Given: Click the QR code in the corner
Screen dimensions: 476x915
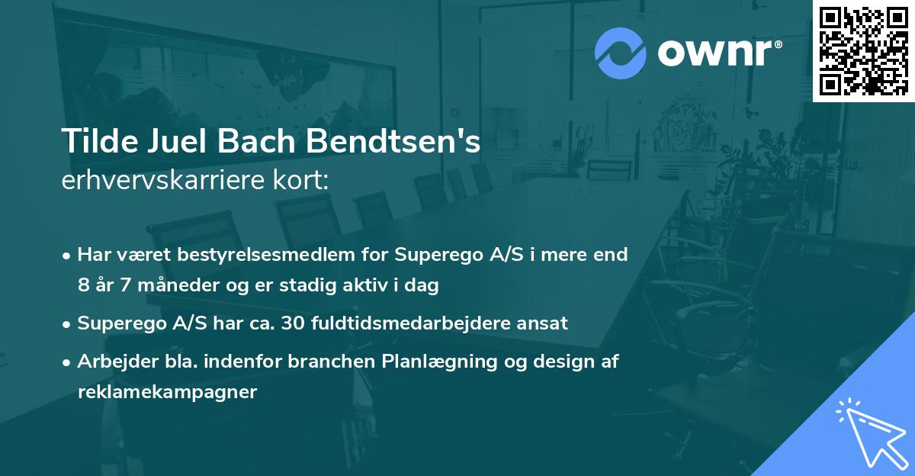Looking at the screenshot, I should (863, 51).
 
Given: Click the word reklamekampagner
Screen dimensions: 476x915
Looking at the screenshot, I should (167, 392).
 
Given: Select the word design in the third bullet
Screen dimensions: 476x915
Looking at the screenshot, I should (547, 362).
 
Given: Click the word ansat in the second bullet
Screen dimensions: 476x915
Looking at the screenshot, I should (544, 323).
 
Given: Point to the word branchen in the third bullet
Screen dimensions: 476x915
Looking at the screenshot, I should (337, 362).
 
